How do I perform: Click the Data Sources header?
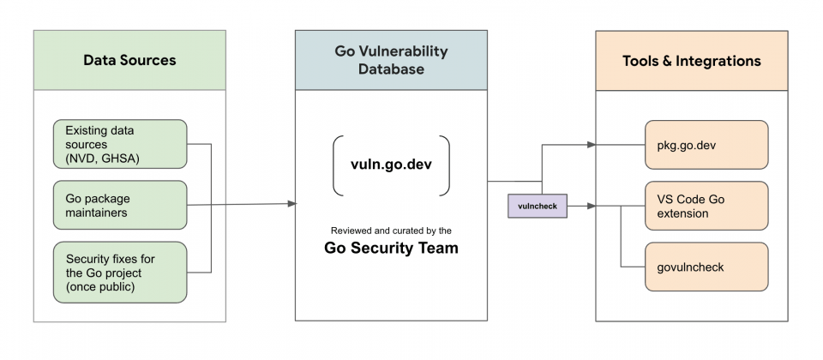tap(129, 60)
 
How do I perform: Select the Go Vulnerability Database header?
tap(391, 60)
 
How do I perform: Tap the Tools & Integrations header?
tap(692, 60)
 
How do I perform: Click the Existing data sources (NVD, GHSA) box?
tap(120, 144)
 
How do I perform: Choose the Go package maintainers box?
tap(120, 205)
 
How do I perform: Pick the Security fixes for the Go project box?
tap(120, 273)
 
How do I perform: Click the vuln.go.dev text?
tap(391, 165)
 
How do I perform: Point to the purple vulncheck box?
tap(538, 206)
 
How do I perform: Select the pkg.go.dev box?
tap(706, 145)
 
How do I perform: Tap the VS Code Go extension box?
tap(706, 206)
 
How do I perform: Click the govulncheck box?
tap(706, 267)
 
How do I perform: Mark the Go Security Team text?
tap(391, 248)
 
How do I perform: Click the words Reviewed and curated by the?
tap(391, 231)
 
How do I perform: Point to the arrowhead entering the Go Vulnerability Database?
tap(292, 204)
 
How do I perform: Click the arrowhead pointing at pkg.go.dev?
tap(592, 145)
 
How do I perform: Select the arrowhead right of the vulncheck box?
tap(592, 207)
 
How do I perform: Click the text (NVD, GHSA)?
tap(102, 159)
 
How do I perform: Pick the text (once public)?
tap(100, 287)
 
